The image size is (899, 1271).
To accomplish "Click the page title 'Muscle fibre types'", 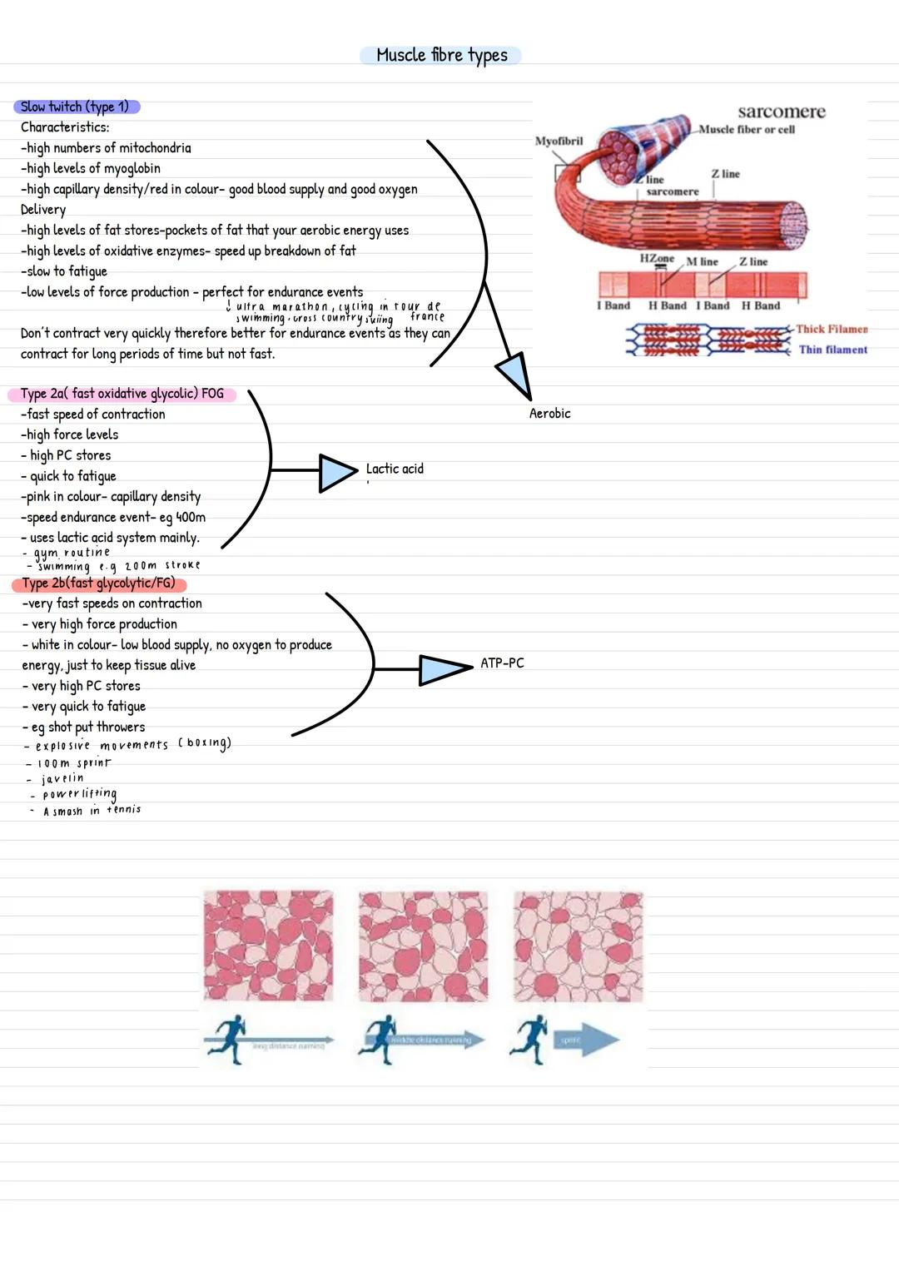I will (441, 55).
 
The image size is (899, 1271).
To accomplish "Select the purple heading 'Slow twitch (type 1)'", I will (76, 107).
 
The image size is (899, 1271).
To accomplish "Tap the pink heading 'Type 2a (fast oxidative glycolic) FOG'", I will (122, 394).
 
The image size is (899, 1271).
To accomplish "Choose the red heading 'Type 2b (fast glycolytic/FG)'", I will (98, 583).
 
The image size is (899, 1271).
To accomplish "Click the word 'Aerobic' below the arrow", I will (549, 414).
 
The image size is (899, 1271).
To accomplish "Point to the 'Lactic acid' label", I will (395, 469).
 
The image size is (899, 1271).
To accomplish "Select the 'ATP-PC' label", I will (502, 663).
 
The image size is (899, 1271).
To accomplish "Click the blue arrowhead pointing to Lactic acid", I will (336, 473).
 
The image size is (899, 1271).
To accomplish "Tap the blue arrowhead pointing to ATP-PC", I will (442, 669).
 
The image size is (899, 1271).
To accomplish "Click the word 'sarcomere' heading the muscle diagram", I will (781, 112).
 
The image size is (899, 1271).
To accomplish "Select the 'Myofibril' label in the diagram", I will (559, 141).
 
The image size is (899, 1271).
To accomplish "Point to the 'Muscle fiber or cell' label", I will (747, 130).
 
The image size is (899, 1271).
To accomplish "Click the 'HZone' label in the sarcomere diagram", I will (656, 259).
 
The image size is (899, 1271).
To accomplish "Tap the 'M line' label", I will (702, 261).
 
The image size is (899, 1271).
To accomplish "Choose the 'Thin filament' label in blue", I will (832, 350).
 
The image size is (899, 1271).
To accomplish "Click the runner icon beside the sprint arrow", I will (529, 1039).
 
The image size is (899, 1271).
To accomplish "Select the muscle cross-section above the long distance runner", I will (268, 946).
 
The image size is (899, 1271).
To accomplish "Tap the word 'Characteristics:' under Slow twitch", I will (65, 127).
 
